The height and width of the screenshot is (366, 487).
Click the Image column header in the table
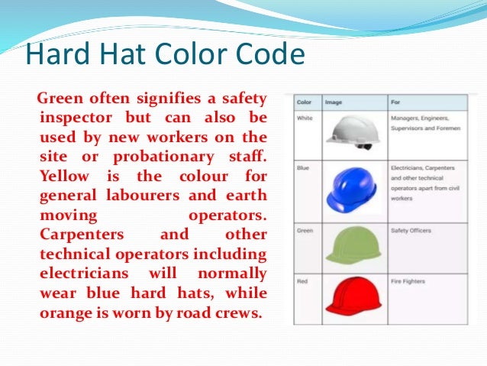coord(334,102)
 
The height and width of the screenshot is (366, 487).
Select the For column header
coord(395,102)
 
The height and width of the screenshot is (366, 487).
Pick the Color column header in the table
coord(305,102)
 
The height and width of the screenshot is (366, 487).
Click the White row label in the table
coord(305,118)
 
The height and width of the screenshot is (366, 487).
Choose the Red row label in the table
coord(303,282)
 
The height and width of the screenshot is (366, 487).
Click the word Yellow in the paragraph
coord(65,177)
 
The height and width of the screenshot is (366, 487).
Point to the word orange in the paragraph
coord(63,313)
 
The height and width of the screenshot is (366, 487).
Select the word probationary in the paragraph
coord(172,157)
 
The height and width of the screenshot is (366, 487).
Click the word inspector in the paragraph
coord(73,118)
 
